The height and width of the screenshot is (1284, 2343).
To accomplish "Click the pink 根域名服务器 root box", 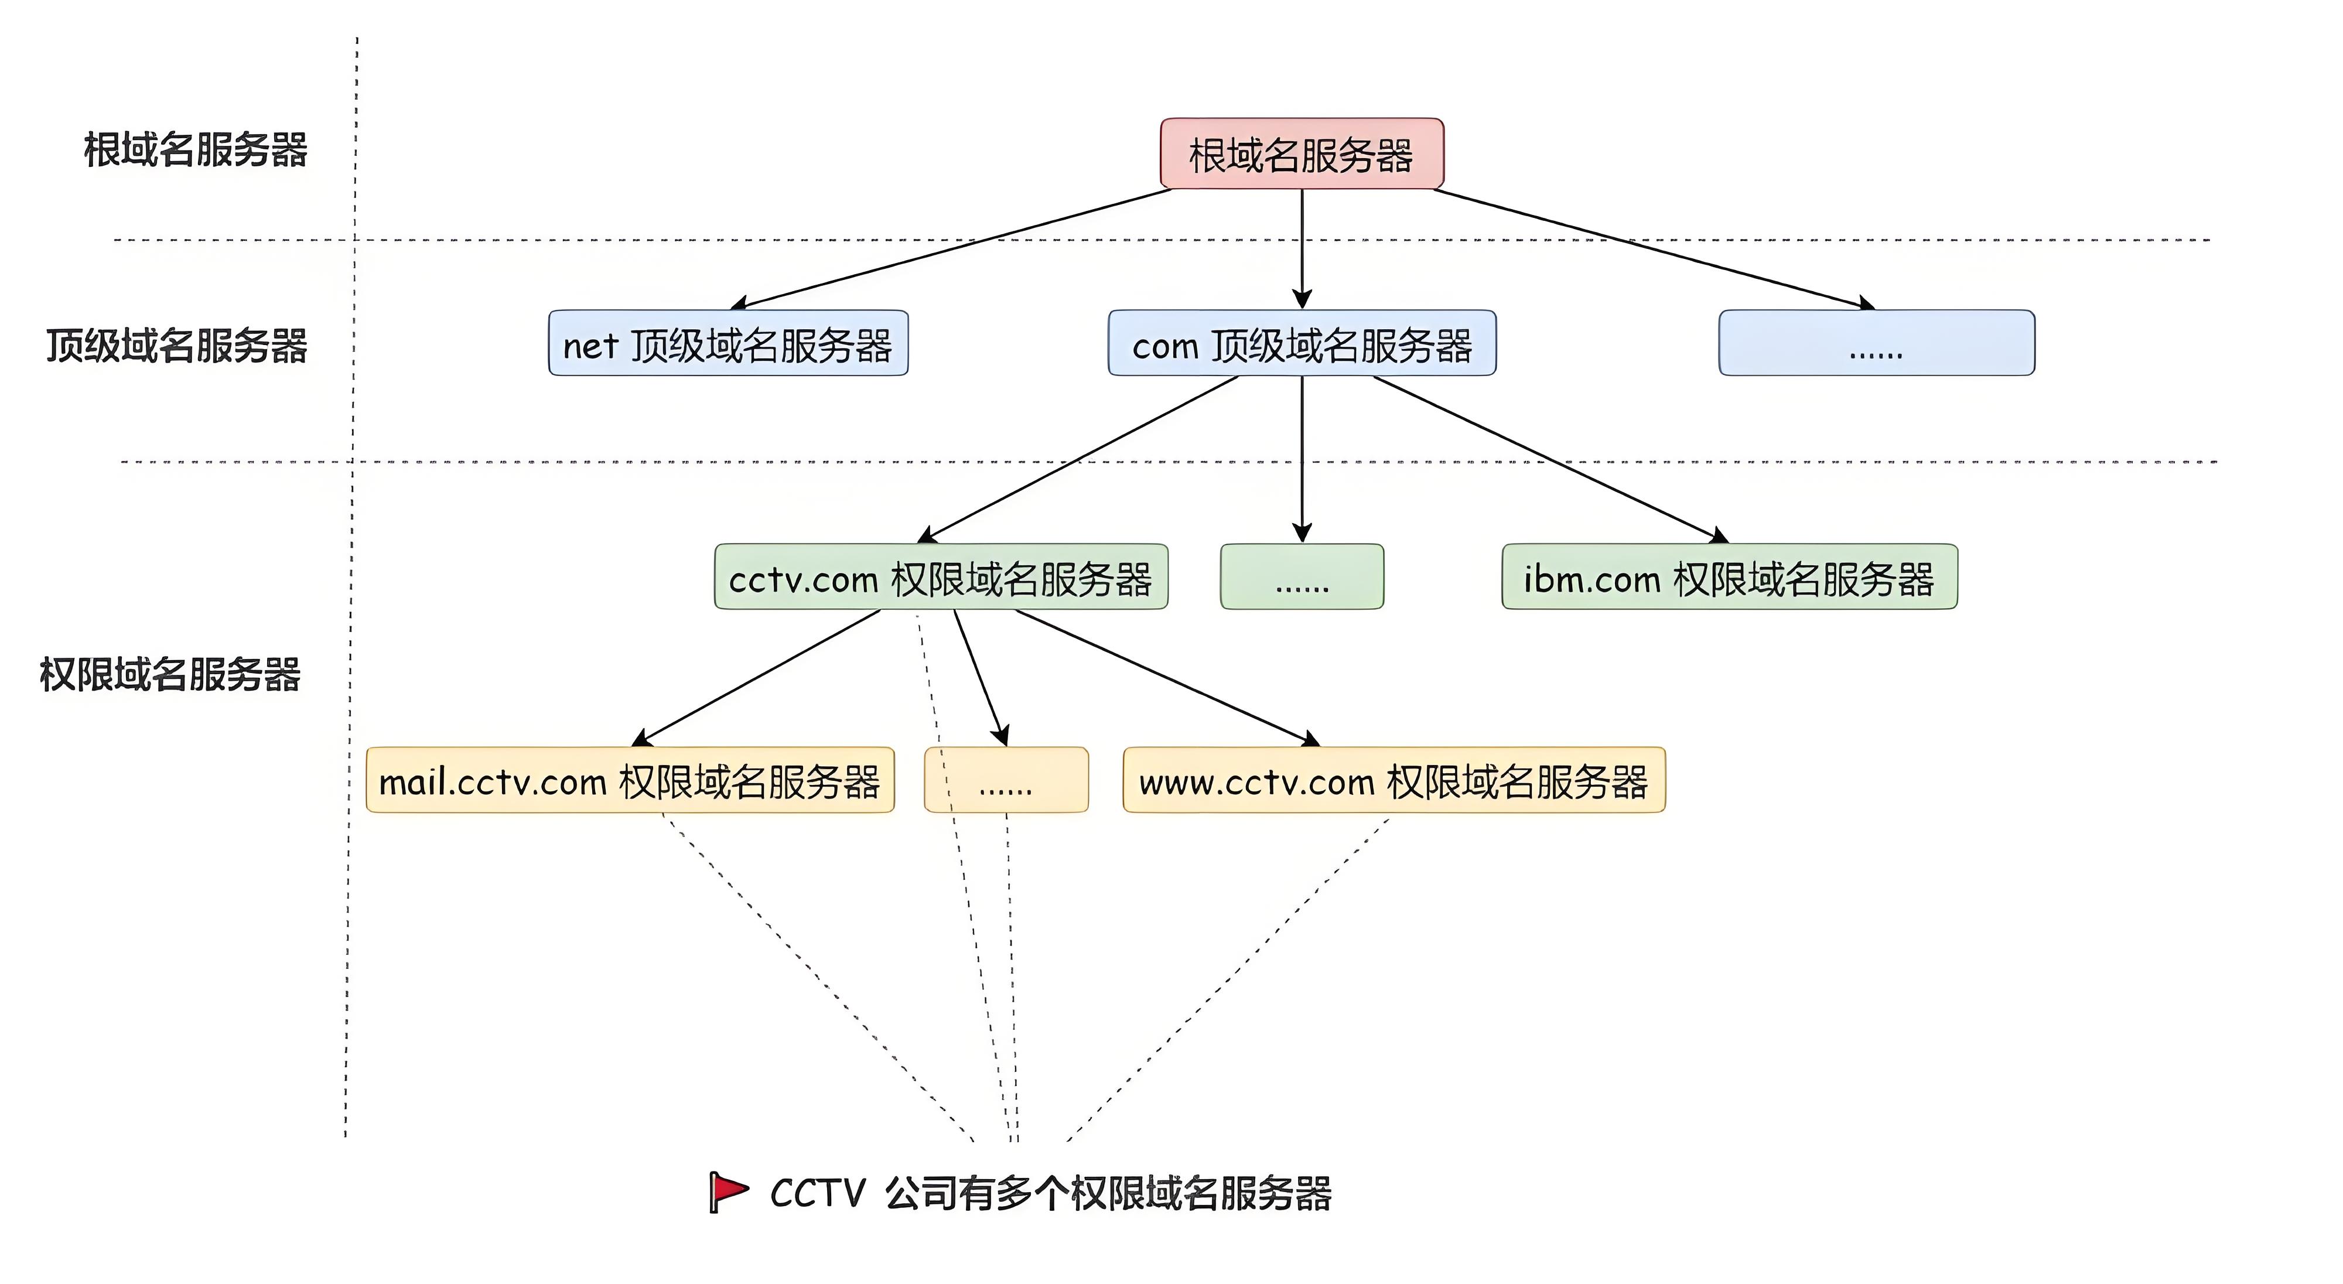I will (x=1302, y=153).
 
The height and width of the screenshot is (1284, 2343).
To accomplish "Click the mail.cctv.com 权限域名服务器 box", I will (x=630, y=780).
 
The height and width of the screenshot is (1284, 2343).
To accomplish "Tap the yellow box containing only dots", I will (x=1006, y=780).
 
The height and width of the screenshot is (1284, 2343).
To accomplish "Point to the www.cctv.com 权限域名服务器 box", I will (x=1393, y=780).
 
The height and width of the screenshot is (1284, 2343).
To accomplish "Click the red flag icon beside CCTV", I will (x=728, y=1191).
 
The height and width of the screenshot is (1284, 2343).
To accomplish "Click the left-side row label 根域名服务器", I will (x=196, y=150).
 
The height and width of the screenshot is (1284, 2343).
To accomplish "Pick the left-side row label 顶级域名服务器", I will (x=177, y=346).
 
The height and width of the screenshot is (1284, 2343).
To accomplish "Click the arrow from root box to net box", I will (x=955, y=247).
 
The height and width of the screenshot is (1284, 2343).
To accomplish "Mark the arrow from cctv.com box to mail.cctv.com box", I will (x=760, y=678).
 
